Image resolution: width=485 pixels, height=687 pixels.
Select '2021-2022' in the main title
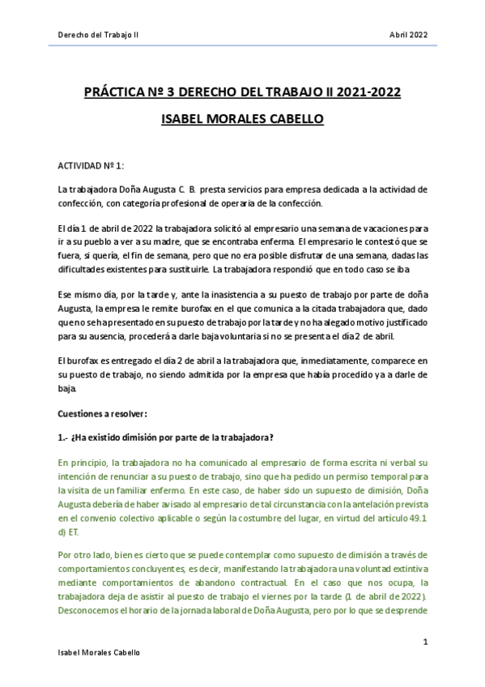tap(367, 92)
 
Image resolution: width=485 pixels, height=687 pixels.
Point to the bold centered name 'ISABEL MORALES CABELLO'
tap(242, 119)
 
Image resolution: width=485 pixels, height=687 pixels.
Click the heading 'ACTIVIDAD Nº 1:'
tap(90, 164)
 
